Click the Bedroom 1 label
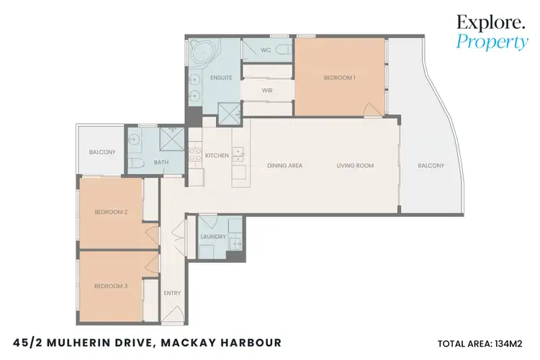[340, 77]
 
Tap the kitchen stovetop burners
[195, 155]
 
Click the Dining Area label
[284, 166]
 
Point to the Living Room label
[356, 166]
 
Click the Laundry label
[213, 237]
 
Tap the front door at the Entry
[173, 311]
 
